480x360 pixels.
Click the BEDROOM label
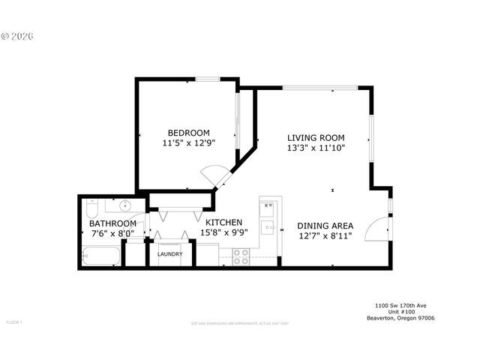[188, 133]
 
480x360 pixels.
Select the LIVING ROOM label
[316, 137]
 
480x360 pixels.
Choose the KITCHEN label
[223, 222]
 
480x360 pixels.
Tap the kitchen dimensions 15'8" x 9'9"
[223, 232]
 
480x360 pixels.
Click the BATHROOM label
[112, 223]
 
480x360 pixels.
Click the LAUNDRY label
[170, 254]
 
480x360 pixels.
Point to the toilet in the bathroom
[91, 205]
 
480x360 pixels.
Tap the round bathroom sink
[125, 205]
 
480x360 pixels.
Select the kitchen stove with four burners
[241, 256]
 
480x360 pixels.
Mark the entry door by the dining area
[379, 229]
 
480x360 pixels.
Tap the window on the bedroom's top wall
[208, 79]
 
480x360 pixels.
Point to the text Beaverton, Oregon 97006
[400, 317]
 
